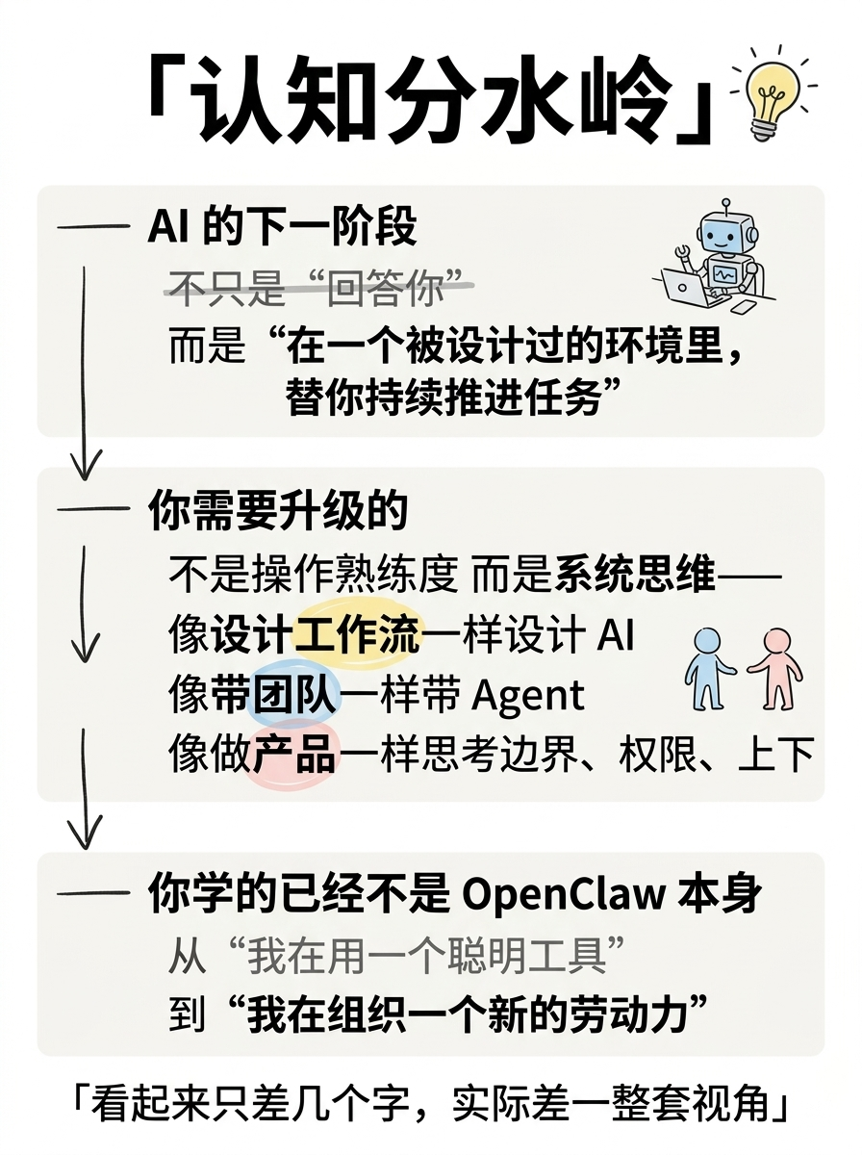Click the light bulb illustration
(x=773, y=94)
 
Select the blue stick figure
(x=707, y=669)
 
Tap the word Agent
(x=527, y=697)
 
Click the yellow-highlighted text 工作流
(x=357, y=634)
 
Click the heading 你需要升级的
(x=278, y=510)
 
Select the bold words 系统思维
(x=635, y=574)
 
